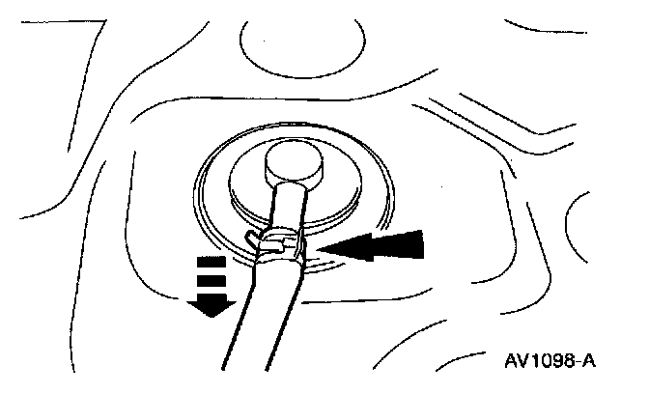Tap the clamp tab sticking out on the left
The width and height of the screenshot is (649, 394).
(x=252, y=237)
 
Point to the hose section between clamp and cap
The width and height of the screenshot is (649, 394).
(x=287, y=206)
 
